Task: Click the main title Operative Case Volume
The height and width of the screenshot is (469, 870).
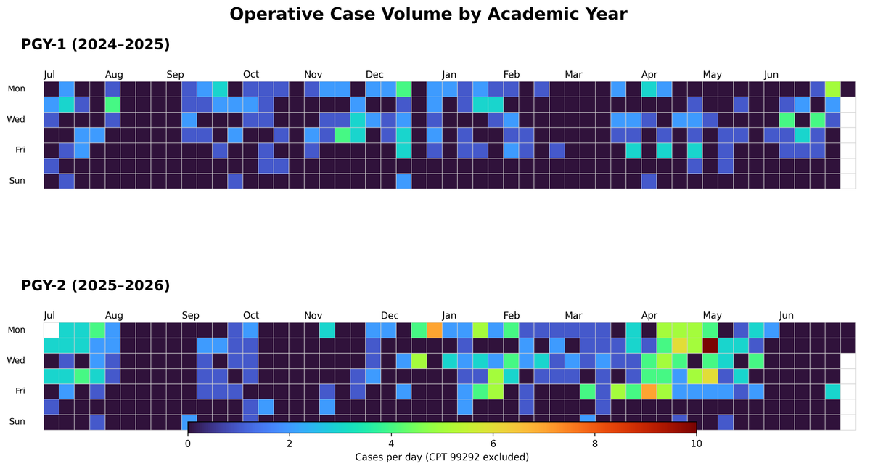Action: pyautogui.click(x=428, y=14)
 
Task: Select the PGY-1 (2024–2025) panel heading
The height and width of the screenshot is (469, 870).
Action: pyautogui.click(x=96, y=44)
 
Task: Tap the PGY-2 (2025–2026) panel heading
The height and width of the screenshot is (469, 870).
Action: pyautogui.click(x=96, y=285)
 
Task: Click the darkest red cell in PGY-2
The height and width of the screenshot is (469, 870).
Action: pyautogui.click(x=710, y=346)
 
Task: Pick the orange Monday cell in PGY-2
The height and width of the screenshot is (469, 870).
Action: pyautogui.click(x=434, y=330)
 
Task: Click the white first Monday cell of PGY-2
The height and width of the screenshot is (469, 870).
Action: pyautogui.click(x=52, y=330)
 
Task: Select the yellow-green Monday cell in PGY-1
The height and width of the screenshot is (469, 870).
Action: pyautogui.click(x=832, y=89)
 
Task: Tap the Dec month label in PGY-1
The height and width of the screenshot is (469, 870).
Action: pyautogui.click(x=374, y=74)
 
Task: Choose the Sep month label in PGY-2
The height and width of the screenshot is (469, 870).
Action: pyautogui.click(x=190, y=315)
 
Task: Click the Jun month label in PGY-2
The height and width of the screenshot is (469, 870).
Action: pyautogui.click(x=787, y=315)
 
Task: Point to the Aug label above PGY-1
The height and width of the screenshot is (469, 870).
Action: pyautogui.click(x=114, y=74)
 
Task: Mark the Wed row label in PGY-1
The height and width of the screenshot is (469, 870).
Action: pyautogui.click(x=15, y=119)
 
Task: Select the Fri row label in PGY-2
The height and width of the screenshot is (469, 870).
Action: pyautogui.click(x=20, y=391)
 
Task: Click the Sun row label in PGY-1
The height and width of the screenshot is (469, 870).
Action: pyautogui.click(x=17, y=180)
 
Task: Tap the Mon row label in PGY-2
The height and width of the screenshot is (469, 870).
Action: pyautogui.click(x=16, y=330)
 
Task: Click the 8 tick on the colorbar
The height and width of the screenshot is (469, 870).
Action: pyautogui.click(x=594, y=444)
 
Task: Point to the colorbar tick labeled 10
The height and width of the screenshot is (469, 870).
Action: pyautogui.click(x=697, y=444)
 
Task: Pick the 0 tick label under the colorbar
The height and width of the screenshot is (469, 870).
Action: pyautogui.click(x=187, y=444)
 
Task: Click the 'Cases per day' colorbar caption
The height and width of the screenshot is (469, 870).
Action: pyautogui.click(x=442, y=457)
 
